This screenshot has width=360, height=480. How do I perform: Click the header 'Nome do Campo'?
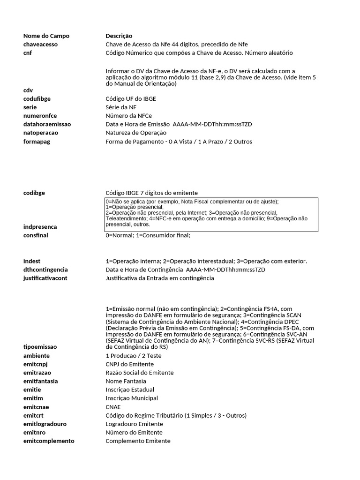coord(46,36)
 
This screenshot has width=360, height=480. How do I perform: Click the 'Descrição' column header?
coord(119,36)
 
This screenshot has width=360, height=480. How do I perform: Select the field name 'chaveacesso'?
coord(41,44)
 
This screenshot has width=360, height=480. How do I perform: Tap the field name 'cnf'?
coord(28,52)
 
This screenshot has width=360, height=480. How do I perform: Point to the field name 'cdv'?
coord(28,90)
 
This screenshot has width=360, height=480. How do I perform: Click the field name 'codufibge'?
coord(37,98)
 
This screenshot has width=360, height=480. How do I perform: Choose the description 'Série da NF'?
coord(121,107)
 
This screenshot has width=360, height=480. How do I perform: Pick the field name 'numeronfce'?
coord(39,115)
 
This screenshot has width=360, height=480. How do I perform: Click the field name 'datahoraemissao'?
coord(47,124)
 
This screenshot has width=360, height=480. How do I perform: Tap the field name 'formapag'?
coord(37,141)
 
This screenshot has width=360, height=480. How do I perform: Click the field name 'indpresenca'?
coord(40,226)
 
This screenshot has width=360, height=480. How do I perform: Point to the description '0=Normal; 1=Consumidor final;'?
coord(148,235)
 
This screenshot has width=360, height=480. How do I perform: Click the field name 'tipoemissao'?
coord(40,347)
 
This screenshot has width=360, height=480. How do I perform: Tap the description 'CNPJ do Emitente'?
coord(129,364)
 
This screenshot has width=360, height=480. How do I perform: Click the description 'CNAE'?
coord(113,407)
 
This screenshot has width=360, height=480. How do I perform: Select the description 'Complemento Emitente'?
coord(138,441)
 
